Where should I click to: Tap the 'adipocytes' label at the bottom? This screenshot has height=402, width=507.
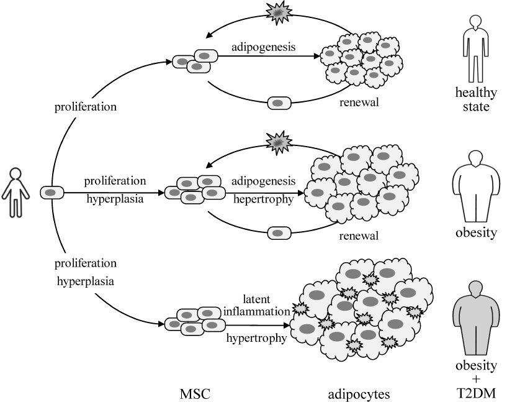[358, 393]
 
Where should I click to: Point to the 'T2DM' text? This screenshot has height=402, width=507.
[476, 393]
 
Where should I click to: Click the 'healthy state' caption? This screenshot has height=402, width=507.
[476, 99]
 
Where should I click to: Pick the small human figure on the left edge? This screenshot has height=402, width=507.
[15, 192]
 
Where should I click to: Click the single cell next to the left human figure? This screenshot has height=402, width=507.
[52, 193]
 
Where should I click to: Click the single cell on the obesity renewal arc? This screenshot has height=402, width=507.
[279, 233]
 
